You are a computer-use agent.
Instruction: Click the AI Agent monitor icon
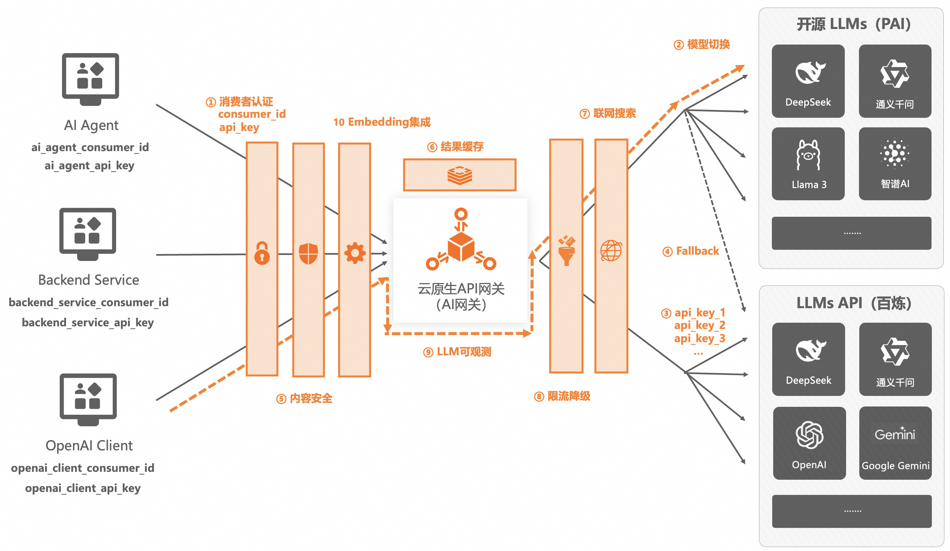click(x=90, y=79)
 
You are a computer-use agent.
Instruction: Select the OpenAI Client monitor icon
click(x=88, y=399)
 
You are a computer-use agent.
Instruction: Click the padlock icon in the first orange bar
click(x=262, y=253)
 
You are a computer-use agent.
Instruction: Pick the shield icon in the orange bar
click(x=308, y=253)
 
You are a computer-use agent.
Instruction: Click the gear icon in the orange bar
click(x=355, y=253)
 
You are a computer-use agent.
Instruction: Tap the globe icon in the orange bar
click(x=611, y=251)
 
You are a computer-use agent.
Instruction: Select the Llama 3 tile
click(x=808, y=164)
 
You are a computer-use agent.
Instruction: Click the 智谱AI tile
click(x=895, y=164)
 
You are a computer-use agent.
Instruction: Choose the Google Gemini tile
click(x=895, y=443)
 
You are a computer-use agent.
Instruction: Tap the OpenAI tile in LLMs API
click(x=809, y=443)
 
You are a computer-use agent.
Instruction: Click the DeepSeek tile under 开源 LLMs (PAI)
click(x=808, y=81)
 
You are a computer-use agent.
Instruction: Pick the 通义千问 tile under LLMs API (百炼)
click(x=895, y=359)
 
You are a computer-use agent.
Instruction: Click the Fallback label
click(x=697, y=251)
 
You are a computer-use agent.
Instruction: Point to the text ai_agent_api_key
click(x=89, y=166)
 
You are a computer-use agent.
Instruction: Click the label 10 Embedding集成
click(x=382, y=122)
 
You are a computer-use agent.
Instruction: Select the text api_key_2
click(x=699, y=325)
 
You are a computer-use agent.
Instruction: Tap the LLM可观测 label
click(x=463, y=352)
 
